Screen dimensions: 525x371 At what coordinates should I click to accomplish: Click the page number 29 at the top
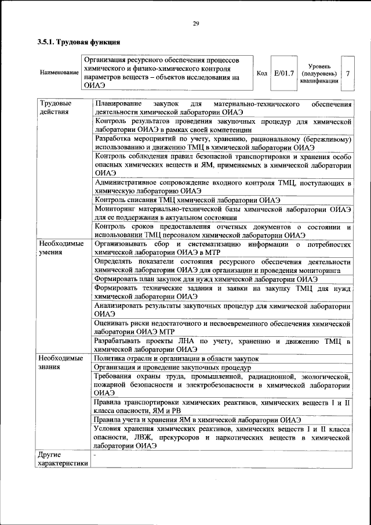[x=196, y=23]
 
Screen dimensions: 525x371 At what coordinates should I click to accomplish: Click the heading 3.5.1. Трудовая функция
[x=79, y=42]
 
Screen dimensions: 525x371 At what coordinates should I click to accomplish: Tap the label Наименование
[x=60, y=73]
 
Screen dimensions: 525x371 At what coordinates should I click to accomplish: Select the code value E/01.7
[x=285, y=73]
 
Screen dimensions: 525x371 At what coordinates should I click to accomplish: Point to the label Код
[x=261, y=73]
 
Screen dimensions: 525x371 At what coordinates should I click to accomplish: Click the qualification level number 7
[x=347, y=74]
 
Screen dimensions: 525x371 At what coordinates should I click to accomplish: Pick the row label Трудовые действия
[x=53, y=107]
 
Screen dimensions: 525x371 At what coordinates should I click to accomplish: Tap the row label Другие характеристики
[x=63, y=459]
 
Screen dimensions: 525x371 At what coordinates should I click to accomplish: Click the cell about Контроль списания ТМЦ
[x=192, y=200]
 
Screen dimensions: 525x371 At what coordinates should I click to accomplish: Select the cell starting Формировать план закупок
[x=206, y=278]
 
